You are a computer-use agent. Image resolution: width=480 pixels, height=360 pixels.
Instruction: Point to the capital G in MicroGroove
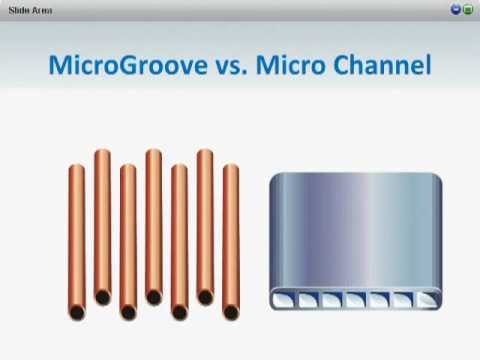139,66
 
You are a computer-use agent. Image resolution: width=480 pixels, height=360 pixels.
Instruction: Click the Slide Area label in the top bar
30,10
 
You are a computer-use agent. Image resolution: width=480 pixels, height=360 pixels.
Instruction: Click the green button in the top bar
467,10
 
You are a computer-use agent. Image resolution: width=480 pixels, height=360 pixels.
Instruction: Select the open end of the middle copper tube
153,296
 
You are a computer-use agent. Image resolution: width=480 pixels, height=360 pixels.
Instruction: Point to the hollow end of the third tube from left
128,312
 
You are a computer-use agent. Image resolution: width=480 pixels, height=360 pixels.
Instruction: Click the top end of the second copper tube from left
102,153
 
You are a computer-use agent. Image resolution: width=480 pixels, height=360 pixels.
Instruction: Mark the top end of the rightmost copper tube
230,168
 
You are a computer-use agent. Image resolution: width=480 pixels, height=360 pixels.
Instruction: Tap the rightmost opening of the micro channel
427,298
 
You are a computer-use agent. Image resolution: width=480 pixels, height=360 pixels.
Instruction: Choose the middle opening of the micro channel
356,298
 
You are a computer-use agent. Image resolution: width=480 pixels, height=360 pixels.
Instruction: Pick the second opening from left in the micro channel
309,298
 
